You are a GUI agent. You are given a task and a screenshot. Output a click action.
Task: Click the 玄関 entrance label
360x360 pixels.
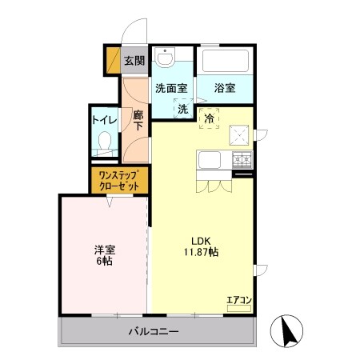click(x=134, y=61)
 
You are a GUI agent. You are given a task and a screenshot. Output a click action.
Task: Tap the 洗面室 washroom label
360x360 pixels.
click(x=170, y=88)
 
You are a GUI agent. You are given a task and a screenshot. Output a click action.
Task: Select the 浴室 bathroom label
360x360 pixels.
click(x=224, y=88)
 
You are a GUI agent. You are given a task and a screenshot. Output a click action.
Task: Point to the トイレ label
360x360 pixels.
click(x=104, y=120)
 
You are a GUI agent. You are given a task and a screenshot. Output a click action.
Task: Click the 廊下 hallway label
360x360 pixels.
click(x=138, y=120)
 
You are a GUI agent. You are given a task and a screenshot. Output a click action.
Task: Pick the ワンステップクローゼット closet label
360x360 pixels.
click(x=118, y=179)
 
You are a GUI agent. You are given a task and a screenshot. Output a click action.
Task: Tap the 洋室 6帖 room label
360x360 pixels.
click(x=102, y=254)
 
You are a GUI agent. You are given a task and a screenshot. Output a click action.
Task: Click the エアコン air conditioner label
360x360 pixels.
click(x=239, y=300)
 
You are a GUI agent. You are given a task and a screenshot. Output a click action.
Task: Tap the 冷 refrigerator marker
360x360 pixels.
click(x=210, y=118)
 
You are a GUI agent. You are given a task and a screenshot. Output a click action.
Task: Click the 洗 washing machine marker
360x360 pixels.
click(x=182, y=109)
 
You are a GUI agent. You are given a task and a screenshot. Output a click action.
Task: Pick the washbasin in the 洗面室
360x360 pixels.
click(x=166, y=58)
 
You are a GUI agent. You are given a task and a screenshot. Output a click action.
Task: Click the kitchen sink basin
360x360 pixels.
click(x=210, y=159)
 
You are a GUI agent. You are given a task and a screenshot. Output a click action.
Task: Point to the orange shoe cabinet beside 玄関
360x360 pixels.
click(x=112, y=61)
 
